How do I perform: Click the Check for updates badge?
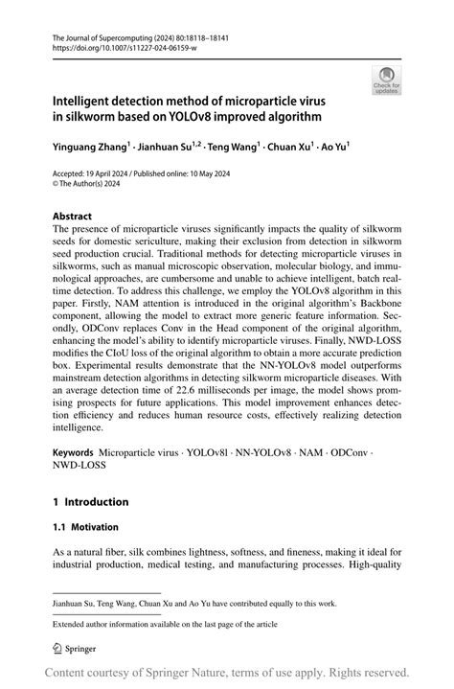click(x=388, y=80)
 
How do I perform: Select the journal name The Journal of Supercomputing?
click(x=106, y=35)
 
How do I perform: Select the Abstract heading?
click(x=75, y=218)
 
